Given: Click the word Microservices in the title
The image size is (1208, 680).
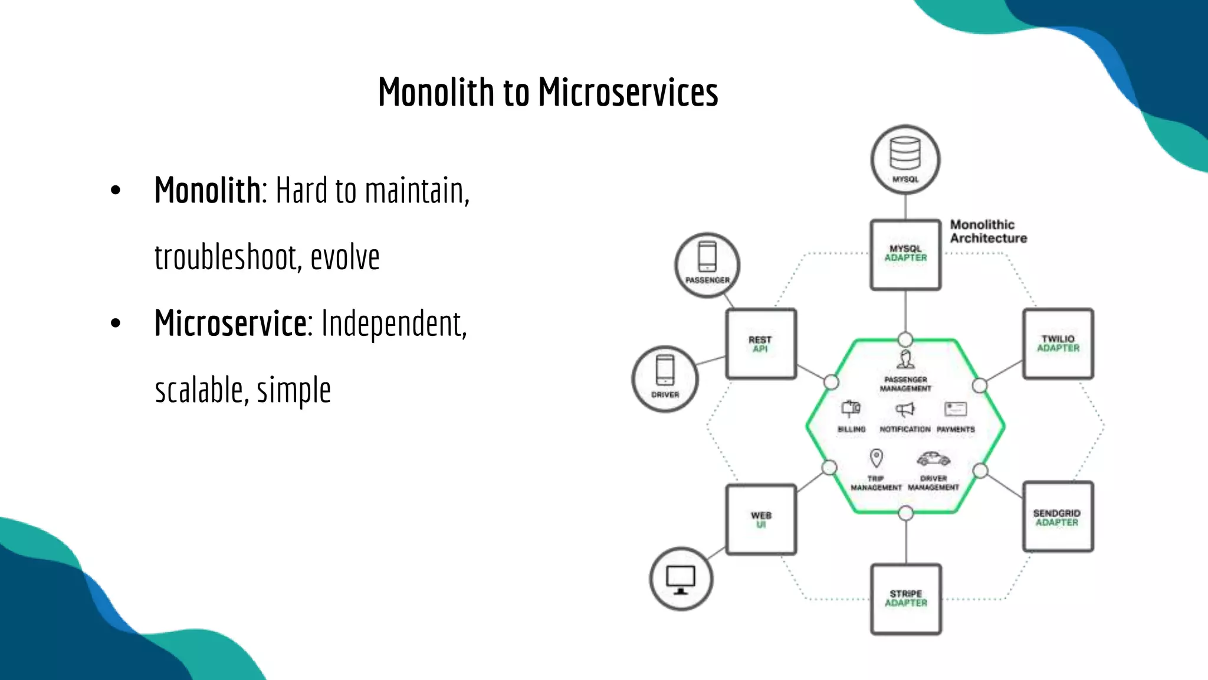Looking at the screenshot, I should point(628,93).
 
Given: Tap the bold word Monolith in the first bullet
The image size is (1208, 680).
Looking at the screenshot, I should point(207,190).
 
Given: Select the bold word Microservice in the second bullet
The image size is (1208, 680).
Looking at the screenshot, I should point(230,323).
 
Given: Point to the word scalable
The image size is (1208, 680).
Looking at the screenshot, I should point(199,390).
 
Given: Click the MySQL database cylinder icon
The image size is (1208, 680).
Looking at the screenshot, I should point(905,153).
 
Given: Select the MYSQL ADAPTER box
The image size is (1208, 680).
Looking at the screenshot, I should point(905,254).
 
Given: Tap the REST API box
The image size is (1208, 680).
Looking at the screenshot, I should point(761,344).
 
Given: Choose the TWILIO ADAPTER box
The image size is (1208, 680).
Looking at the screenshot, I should point(1058,344).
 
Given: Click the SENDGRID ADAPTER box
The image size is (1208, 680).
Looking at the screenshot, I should point(1058,517).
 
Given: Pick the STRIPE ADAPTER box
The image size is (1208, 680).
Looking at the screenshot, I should point(906,599).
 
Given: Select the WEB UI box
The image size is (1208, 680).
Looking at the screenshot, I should point(761,519).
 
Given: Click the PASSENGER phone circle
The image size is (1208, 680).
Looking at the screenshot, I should point(707,265).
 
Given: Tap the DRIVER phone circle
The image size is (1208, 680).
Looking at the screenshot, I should point(665,378).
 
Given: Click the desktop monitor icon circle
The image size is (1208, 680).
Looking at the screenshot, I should point(681,579).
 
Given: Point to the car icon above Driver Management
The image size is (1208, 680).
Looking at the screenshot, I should point(933,459).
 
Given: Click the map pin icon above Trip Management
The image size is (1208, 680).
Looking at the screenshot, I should point(876,458).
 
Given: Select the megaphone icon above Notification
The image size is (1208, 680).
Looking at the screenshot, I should point(905,409).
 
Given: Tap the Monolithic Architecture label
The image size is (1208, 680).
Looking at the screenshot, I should point(988,231).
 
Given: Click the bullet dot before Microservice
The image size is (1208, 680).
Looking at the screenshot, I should point(116,323).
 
